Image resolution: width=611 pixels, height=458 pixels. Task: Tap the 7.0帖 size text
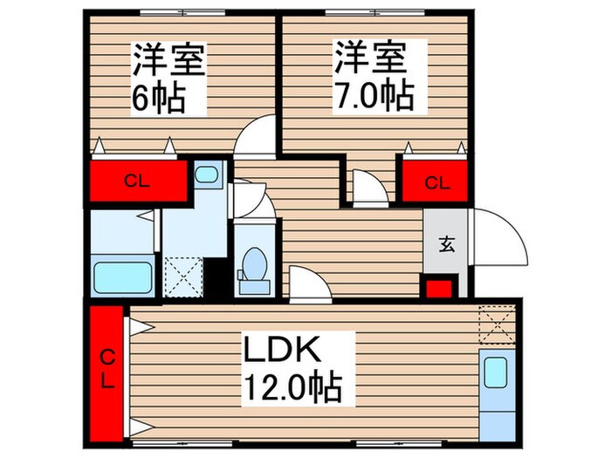coord(372,97)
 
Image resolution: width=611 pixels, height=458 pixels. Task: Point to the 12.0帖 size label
coord(292,385)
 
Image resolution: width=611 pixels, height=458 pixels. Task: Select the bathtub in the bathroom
coord(124,277)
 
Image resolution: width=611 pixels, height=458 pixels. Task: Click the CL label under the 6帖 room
coord(135,182)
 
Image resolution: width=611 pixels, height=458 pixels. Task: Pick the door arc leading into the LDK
coord(307,284)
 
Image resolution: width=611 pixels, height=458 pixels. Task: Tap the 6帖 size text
coord(159,97)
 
